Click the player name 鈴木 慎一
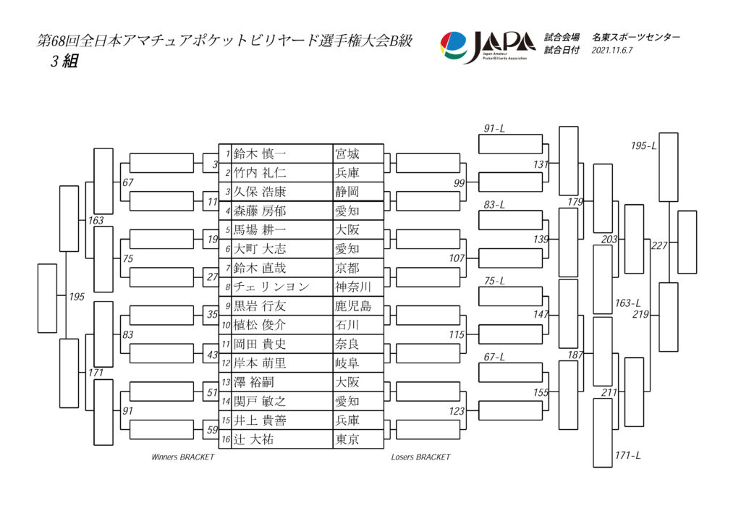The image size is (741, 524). coord(260,154)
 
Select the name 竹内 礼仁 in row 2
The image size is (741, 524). coord(260,173)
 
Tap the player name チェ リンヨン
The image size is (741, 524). coord(271,287)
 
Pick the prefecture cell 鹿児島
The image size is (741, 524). coord(352,306)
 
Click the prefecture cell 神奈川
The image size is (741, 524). coord(352,287)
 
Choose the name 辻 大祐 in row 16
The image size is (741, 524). coord(253,439)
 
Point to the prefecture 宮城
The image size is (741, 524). coord(347,154)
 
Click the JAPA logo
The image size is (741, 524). coord(488,46)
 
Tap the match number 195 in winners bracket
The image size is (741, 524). coord(77,297)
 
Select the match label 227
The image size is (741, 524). coord(659,245)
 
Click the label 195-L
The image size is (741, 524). coord(643,145)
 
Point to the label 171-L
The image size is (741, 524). coord(627,455)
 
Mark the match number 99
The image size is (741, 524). coord(459,183)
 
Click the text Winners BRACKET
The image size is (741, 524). coord(182,457)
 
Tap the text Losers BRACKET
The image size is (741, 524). coord(420,457)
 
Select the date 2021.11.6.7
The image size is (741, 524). coord(612,50)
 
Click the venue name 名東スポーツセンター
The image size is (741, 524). coord(636,37)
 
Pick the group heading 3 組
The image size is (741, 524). coord(64,61)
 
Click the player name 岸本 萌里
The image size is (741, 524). coord(260,363)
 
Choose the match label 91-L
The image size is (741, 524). coord(494,128)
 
